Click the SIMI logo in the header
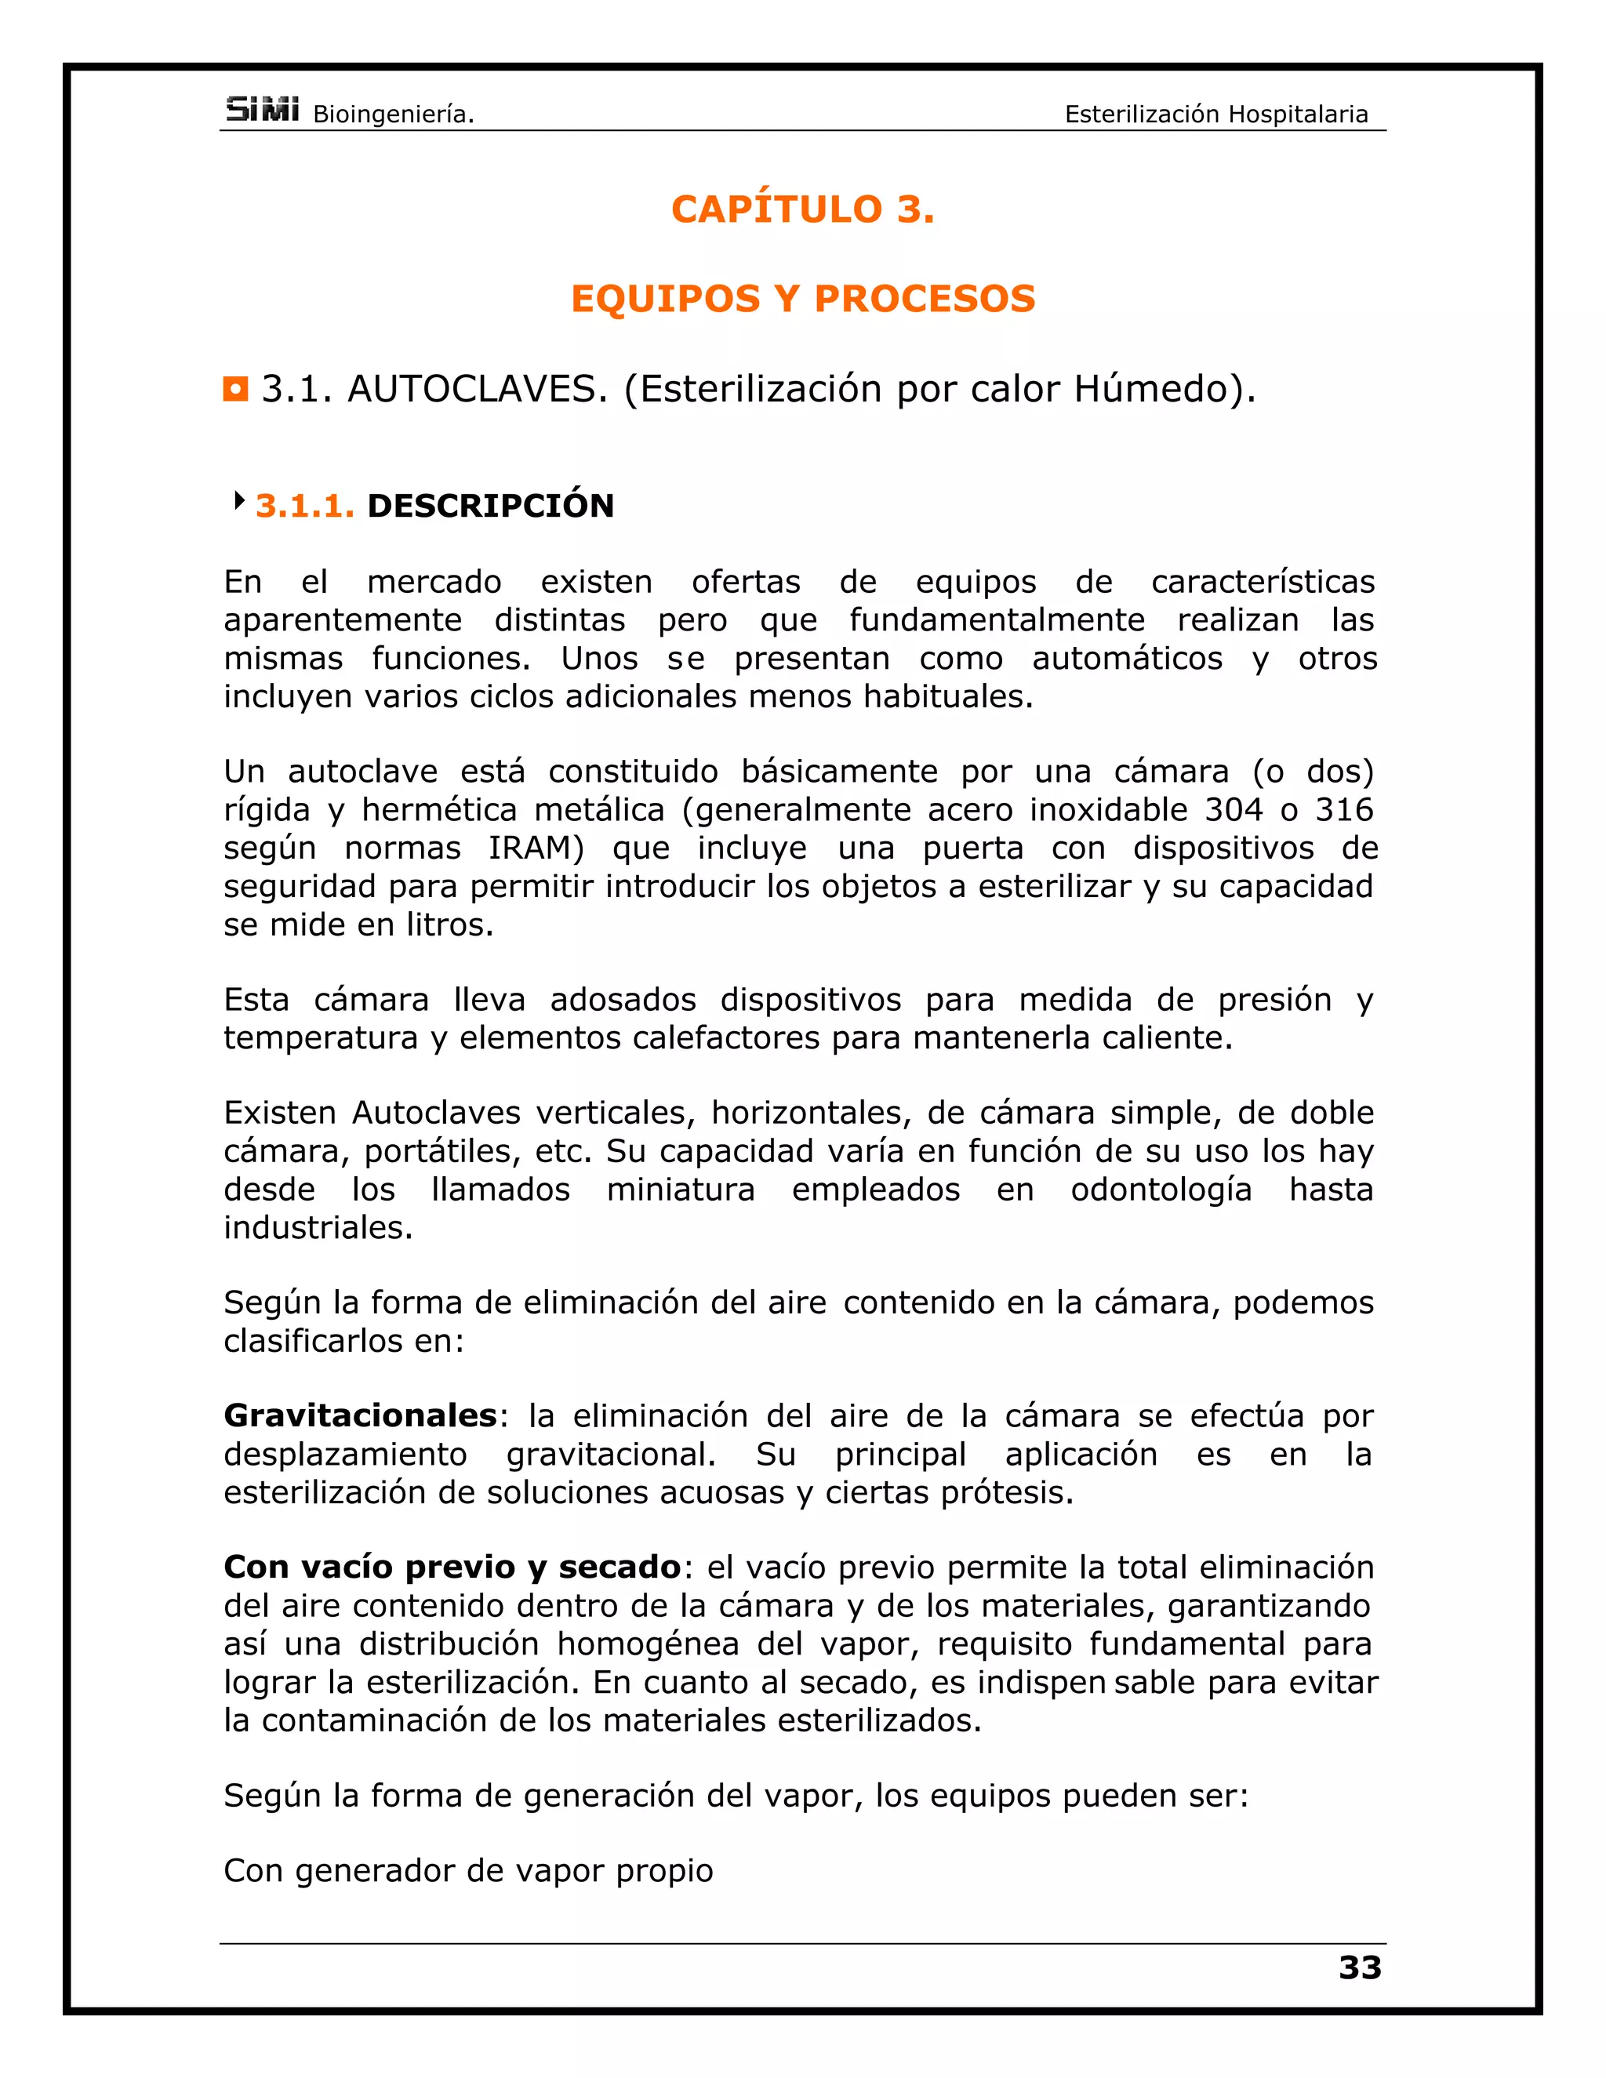click(x=263, y=111)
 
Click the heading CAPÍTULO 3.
click(x=803, y=209)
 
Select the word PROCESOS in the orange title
click(x=924, y=299)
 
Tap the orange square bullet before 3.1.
click(x=236, y=389)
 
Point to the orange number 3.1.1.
click(x=304, y=507)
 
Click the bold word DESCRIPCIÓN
click(x=491, y=507)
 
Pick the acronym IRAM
click(x=536, y=848)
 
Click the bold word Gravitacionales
click(x=361, y=1415)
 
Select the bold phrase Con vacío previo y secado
click(x=452, y=1567)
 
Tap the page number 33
click(x=1360, y=1967)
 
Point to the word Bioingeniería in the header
click(x=393, y=115)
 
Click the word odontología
click(x=1161, y=1190)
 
